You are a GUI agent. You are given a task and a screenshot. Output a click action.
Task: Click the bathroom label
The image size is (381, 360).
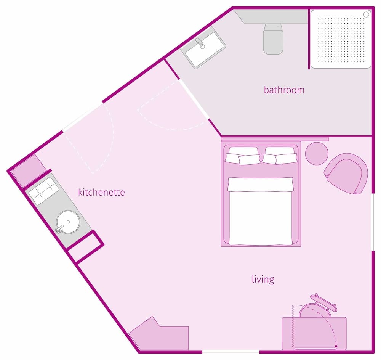284,90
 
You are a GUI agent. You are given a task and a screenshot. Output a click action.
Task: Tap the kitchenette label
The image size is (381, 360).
101,192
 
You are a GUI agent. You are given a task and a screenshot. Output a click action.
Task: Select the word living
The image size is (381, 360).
263,279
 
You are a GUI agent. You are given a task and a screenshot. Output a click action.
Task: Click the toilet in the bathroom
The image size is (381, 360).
273,39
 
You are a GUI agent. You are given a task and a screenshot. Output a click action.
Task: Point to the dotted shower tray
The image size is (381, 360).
341,39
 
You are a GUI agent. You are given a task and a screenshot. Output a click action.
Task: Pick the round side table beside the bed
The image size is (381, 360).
317,153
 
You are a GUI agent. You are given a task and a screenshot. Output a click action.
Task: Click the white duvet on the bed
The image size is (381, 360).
261,214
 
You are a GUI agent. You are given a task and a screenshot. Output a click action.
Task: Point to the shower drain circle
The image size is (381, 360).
366,14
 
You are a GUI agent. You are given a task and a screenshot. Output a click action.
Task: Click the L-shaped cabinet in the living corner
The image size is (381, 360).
160,336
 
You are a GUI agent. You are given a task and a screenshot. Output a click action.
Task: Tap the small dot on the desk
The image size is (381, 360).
336,346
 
